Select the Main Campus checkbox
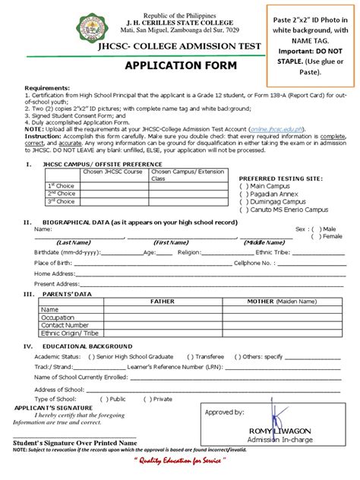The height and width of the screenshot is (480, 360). (x=244, y=185)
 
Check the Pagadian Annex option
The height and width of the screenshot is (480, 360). (x=244, y=193)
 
